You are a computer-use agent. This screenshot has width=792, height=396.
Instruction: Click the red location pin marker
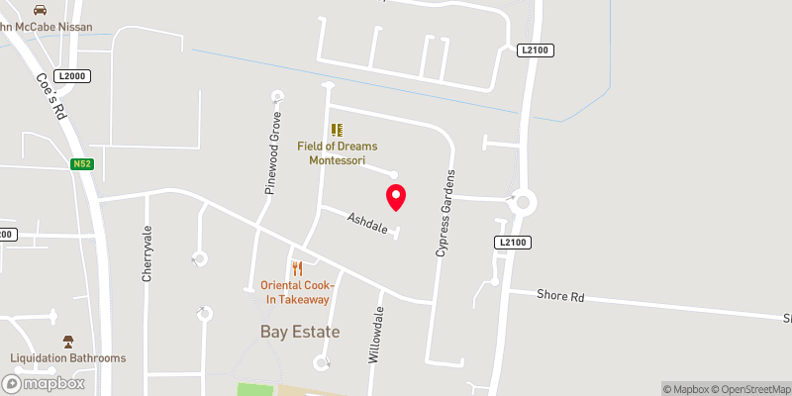pos(396,197)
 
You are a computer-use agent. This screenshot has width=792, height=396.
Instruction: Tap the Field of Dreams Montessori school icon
pos(337,129)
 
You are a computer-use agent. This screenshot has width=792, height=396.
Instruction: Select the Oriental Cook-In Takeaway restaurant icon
pos(297,268)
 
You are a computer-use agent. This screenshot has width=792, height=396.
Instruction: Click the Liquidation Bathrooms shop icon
pos(68,341)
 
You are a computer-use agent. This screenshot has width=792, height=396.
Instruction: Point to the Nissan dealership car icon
pos(40,9)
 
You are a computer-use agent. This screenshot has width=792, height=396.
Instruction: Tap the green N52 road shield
pos(82,164)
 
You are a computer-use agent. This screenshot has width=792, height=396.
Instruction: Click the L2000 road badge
pos(71,76)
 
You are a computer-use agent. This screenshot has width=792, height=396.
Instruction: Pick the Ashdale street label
pos(365,222)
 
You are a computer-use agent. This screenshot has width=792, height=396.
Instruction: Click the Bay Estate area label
pos(300,332)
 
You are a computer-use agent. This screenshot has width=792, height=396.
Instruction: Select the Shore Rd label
pos(560,295)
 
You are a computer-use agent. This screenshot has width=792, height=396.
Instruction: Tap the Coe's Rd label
pos(49,97)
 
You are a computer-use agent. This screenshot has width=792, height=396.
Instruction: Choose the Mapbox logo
pos(43,383)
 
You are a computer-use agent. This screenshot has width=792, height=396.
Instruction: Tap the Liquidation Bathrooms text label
pos(68,358)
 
